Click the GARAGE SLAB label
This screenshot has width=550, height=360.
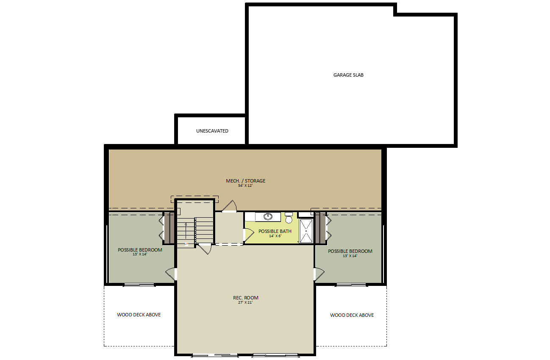point(348,75)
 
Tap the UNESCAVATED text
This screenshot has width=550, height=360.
point(212,131)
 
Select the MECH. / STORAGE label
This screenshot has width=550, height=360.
point(245,181)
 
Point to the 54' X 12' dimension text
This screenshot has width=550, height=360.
point(245,186)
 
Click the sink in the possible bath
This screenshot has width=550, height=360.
point(268,216)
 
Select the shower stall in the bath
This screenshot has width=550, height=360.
point(306,231)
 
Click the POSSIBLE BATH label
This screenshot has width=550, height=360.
point(275,231)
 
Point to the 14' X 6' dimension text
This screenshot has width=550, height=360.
point(275,236)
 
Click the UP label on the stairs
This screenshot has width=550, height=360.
point(186,244)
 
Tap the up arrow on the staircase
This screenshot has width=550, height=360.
point(186,230)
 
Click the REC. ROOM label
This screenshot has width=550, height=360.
point(245,298)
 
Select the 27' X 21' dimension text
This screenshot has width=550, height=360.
point(245,302)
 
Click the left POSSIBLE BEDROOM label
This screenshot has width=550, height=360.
point(140,250)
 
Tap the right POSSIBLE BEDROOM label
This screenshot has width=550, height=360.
point(350,251)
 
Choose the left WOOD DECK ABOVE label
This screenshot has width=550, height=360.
point(139,315)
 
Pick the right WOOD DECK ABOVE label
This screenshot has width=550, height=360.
point(352,315)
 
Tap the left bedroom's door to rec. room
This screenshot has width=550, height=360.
point(171,274)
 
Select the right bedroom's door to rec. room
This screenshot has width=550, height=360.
point(319,274)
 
